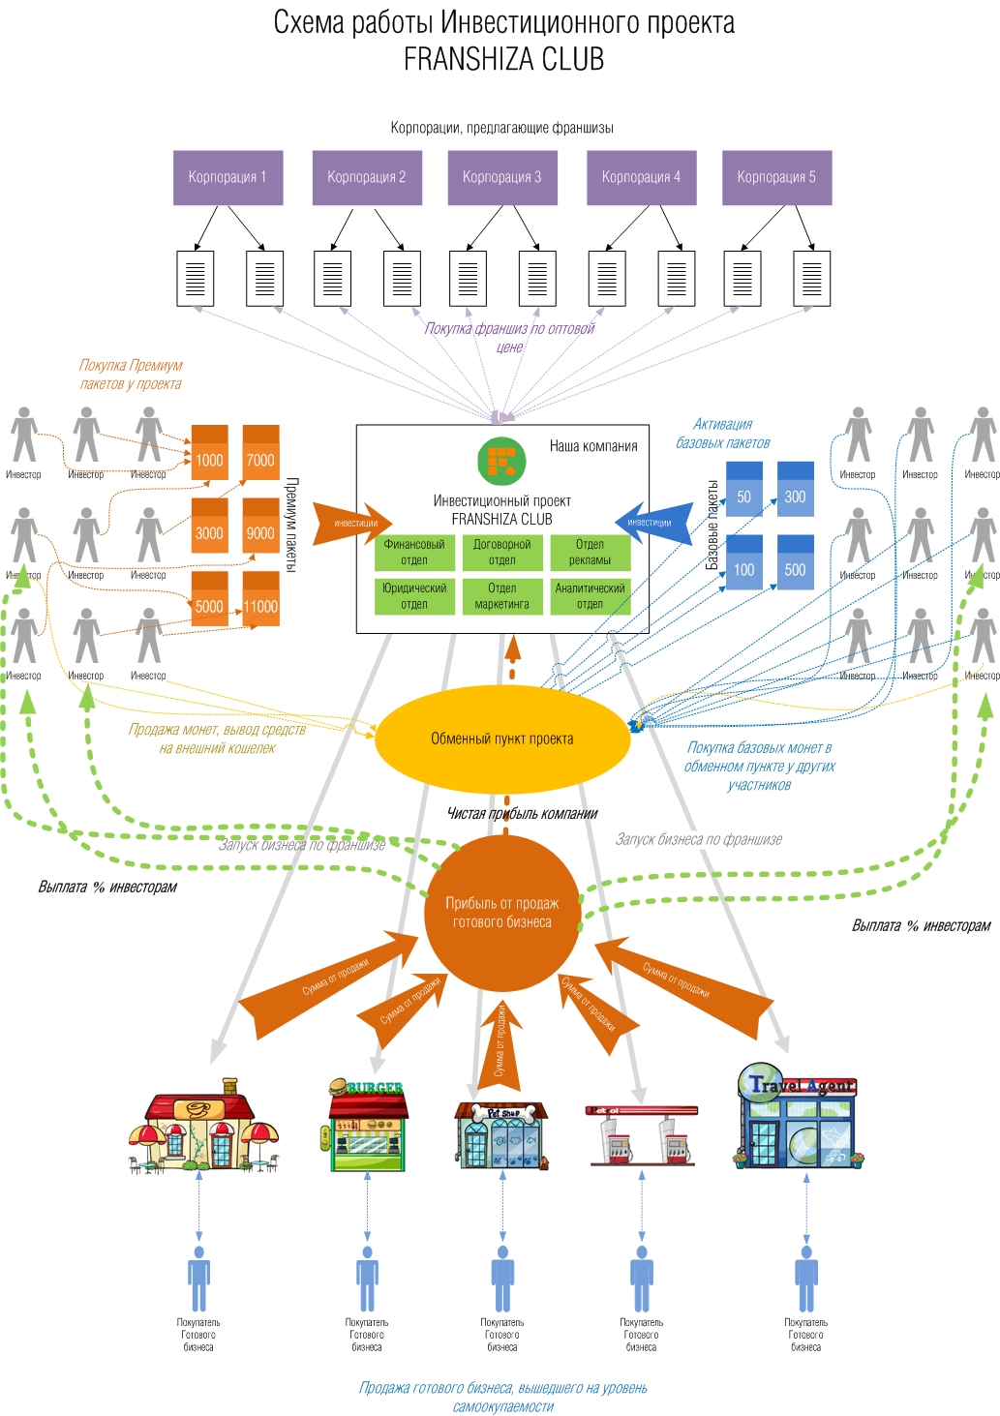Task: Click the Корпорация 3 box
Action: click(501, 177)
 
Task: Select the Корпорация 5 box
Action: click(776, 177)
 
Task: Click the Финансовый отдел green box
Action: click(414, 553)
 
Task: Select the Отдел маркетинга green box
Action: click(501, 596)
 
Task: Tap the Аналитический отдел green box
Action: click(590, 596)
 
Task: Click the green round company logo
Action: click(501, 461)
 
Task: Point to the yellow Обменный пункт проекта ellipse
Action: click(501, 738)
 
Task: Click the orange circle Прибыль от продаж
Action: click(501, 912)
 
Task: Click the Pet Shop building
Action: click(501, 1136)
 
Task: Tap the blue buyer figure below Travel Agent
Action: click(805, 1278)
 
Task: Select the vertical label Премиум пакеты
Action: click(291, 524)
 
